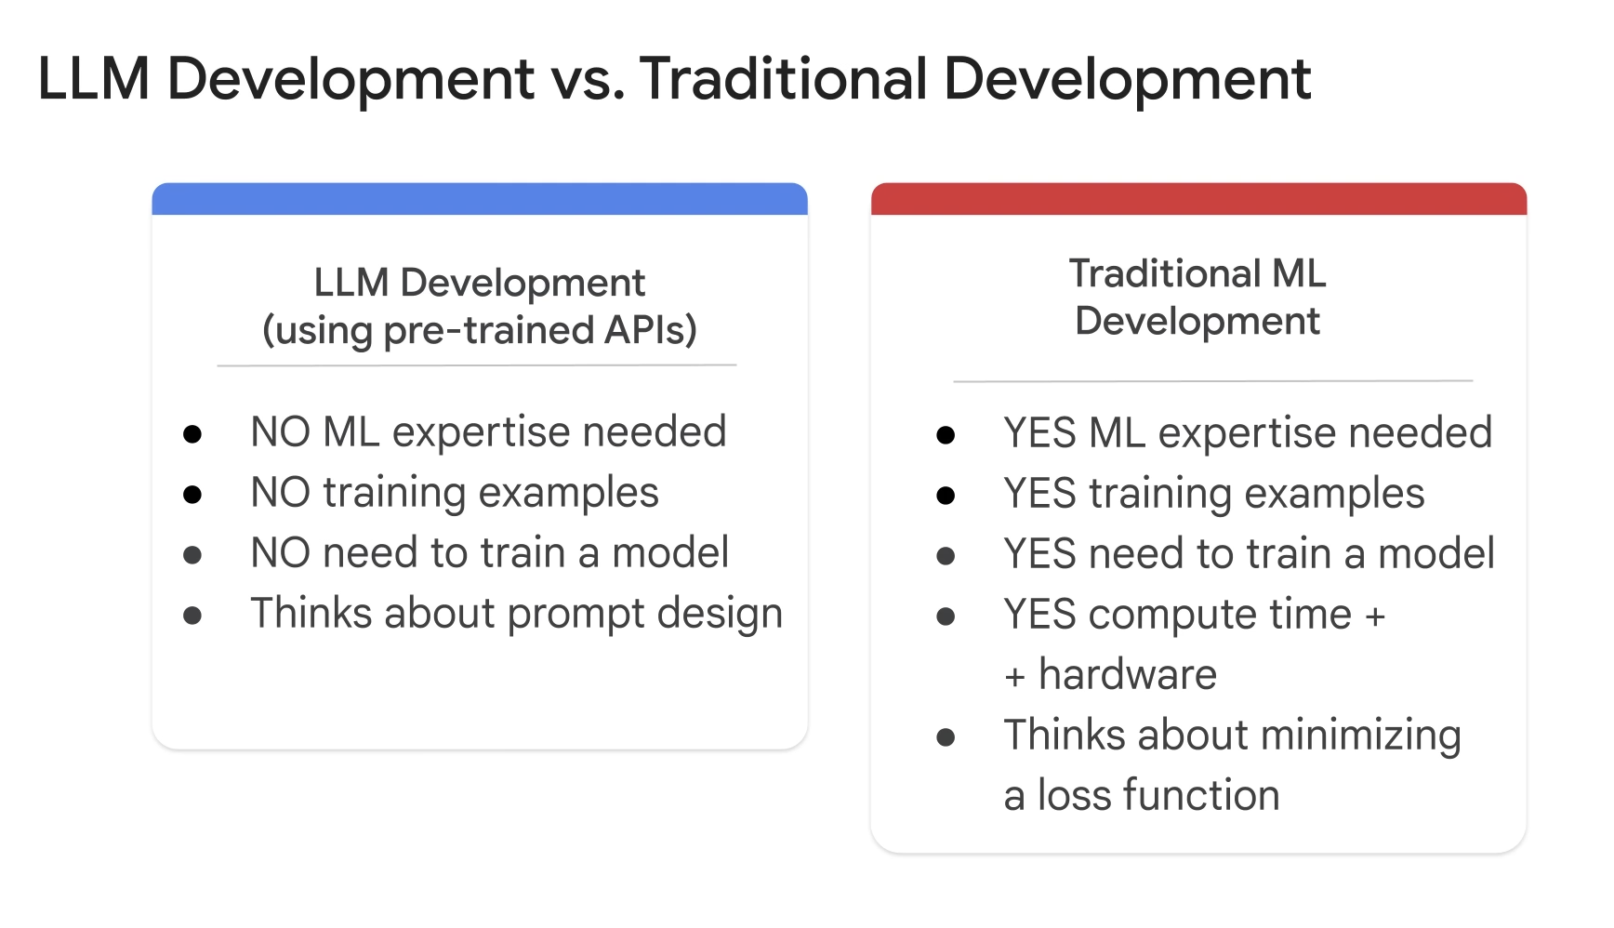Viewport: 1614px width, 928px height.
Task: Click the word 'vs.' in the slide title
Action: click(587, 79)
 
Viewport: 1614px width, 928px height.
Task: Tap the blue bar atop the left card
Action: click(480, 199)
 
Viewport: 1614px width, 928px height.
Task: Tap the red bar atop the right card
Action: click(1198, 199)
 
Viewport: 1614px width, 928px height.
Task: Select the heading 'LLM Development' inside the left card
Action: click(480, 283)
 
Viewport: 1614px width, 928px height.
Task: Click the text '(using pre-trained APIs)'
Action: click(480, 330)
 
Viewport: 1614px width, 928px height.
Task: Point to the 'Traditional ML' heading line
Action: click(1197, 273)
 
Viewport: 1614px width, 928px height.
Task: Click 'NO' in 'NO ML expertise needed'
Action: click(280, 432)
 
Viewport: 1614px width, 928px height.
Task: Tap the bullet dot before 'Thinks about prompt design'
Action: click(192, 615)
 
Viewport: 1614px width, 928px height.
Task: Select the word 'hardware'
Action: click(1127, 675)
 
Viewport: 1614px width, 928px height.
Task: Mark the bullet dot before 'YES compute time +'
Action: click(946, 616)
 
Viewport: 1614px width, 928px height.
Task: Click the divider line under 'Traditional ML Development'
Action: click(1212, 381)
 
